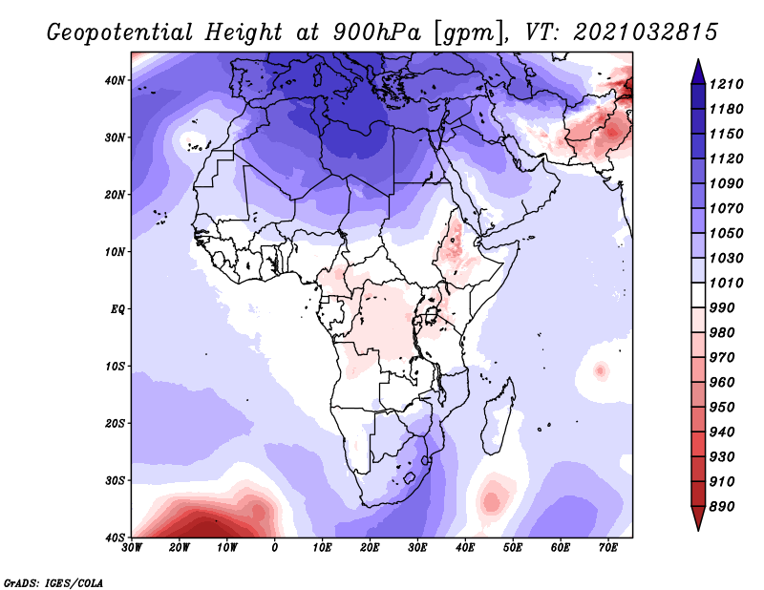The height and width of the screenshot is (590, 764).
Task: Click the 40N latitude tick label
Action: [114, 80]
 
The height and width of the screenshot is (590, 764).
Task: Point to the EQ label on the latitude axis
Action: [117, 309]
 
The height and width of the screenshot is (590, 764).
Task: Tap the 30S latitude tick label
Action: [114, 480]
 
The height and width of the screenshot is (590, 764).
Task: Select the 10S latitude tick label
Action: [114, 366]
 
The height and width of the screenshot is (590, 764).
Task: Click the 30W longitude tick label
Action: [132, 548]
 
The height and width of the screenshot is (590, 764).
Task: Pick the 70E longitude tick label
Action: [608, 548]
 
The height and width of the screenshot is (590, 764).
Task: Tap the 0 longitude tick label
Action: [275, 548]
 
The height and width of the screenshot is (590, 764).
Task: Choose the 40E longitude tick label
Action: [465, 548]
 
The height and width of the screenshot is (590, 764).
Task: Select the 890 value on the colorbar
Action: [726, 506]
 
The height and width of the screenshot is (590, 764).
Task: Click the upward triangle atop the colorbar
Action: [697, 68]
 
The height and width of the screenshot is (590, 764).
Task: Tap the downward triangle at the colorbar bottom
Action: [697, 519]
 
